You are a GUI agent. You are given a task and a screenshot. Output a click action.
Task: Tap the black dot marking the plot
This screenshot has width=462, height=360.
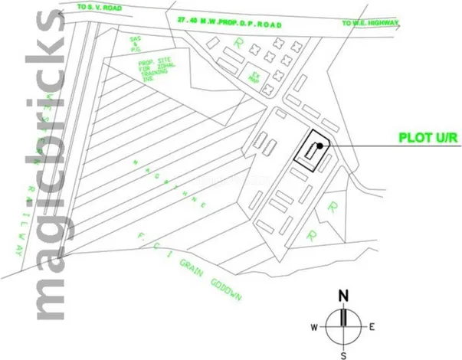coord(320,146)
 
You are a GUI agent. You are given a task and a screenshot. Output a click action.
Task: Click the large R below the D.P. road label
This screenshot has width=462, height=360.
coord(241,44)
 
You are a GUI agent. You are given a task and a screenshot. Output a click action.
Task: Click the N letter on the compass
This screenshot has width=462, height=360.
coord(345,296)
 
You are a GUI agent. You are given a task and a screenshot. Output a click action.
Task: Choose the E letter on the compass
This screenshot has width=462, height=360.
coord(372,327)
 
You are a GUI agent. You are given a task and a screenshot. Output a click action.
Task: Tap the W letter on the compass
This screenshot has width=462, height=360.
coord(315,327)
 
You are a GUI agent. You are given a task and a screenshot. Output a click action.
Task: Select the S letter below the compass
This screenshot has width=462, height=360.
coord(344,355)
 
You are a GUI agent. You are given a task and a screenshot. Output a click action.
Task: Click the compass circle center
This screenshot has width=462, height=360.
coord(344,327)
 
